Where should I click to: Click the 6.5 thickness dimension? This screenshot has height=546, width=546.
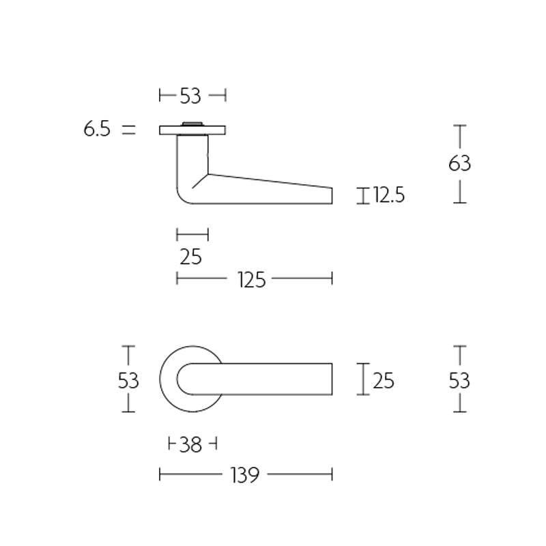(97, 129)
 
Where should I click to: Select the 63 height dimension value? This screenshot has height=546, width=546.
(460, 164)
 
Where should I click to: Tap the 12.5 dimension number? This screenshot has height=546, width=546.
(390, 196)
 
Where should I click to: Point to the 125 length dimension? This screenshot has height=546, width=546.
(251, 278)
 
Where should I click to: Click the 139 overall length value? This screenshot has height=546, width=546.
(246, 474)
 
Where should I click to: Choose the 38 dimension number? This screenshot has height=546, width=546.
(191, 445)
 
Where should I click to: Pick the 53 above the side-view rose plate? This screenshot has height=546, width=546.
(191, 96)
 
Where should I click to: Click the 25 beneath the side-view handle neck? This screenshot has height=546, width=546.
(191, 257)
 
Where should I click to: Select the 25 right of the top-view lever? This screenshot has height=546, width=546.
(384, 379)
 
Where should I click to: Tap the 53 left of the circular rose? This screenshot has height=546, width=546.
(128, 379)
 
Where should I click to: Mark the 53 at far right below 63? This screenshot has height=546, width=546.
(460, 379)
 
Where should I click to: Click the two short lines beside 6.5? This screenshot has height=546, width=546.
(128, 129)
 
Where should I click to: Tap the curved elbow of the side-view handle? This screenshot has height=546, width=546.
(184, 195)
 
